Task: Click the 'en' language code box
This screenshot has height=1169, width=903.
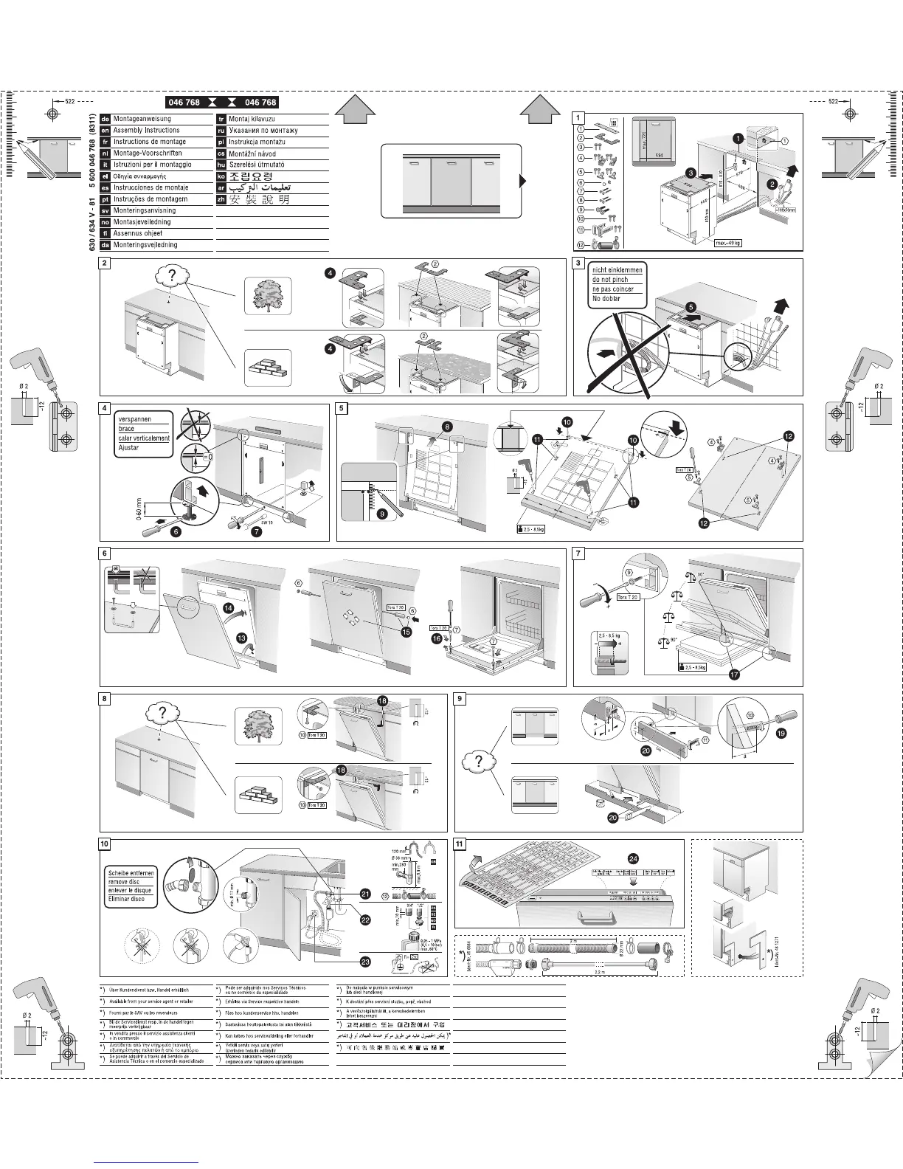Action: coord(105,130)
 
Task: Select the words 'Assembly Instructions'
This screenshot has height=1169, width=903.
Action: coord(146,130)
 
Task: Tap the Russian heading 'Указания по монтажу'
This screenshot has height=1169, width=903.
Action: coord(263,130)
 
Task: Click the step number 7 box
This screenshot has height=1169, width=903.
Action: coord(579,553)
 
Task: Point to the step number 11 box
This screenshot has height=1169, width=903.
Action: coord(460,844)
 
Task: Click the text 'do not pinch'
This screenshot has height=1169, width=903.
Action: coord(611,280)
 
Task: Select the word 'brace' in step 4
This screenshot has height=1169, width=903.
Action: coord(126,429)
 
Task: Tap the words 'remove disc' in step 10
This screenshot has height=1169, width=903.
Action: coord(123,882)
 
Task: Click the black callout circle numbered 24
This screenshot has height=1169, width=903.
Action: coord(632,858)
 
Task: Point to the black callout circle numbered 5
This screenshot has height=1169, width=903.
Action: coord(691,306)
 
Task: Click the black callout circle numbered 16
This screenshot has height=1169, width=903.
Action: coord(437,638)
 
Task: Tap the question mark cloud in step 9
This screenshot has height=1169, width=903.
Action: coord(479,761)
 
